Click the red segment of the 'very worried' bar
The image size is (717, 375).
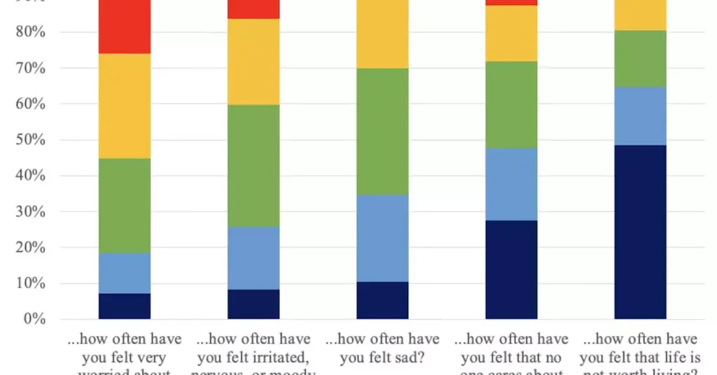point(124,27)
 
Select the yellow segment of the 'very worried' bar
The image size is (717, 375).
point(124,106)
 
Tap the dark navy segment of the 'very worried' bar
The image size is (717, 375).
point(124,306)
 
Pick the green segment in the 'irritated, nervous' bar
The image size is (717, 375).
point(253,165)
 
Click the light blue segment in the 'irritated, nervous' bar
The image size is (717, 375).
point(253,257)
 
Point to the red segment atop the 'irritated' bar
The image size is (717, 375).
point(253,9)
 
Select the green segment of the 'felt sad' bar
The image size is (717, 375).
point(382,131)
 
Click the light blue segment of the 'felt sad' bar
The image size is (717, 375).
point(382,238)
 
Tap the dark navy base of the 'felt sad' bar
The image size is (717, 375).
point(382,300)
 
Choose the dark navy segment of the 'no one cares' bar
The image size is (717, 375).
point(511,269)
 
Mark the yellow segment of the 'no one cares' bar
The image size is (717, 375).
point(511,34)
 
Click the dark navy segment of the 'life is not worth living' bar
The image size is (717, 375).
point(640,232)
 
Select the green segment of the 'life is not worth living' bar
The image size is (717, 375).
point(640,59)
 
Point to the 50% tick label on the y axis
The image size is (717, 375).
point(31,140)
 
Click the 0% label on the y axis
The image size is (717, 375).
point(34,320)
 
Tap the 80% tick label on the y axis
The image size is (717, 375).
point(31,32)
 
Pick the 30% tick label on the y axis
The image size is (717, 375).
point(31,212)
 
